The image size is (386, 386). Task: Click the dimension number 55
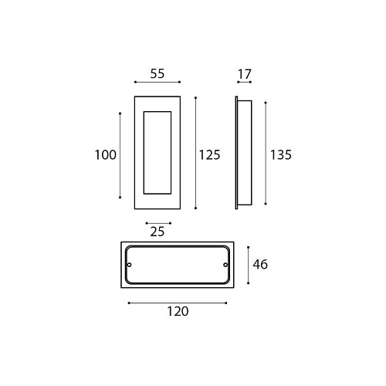coord(157,73)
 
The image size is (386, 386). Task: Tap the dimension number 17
coord(244,74)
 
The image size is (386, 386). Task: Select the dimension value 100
coord(106,155)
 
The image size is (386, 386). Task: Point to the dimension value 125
coord(209,155)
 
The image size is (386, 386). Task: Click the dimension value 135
coord(281,155)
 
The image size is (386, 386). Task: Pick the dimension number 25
coord(157,232)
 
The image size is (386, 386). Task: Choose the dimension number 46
coord(260,265)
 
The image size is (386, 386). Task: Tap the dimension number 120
coord(178,311)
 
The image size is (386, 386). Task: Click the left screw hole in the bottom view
coord(130,265)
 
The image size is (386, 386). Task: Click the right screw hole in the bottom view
coord(225,265)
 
